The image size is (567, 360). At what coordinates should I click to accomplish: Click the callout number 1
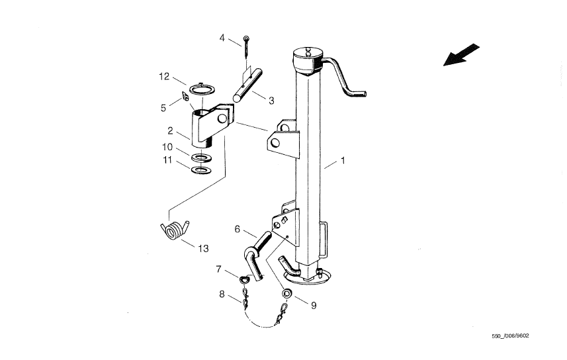pos(343,160)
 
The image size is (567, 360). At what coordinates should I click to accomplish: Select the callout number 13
pos(204,249)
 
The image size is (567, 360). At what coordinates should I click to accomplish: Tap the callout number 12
pos(164,77)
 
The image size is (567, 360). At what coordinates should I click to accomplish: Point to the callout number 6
pos(238,229)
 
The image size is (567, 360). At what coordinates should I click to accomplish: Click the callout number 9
pos(314,306)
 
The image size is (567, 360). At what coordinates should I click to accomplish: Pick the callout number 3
pos(271,101)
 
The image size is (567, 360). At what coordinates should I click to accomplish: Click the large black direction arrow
pos(461,55)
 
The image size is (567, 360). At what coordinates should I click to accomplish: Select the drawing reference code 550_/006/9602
pos(510,336)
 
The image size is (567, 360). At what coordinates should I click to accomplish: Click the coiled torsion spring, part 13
pos(175,230)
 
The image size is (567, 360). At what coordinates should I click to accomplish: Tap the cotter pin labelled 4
pos(246,46)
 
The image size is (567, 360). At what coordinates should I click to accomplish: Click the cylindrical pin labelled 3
pos(247,86)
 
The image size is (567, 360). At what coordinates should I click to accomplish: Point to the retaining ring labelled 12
pos(202,89)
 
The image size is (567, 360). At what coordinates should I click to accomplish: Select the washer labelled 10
pos(201,157)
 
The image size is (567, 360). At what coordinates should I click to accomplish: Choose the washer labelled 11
pos(201,169)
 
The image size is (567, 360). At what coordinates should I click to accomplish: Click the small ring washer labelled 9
pos(288,292)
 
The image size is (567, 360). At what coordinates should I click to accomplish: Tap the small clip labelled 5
pos(185,96)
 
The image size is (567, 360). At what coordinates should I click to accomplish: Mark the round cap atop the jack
pos(308,60)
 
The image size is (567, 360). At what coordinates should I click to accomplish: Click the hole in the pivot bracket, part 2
pos(222,118)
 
